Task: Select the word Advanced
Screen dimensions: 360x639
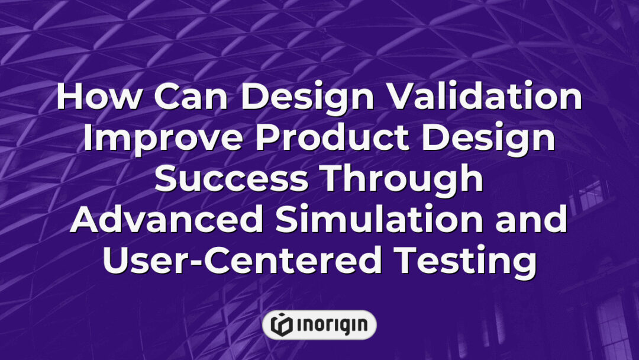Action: pyautogui.click(x=166, y=220)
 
